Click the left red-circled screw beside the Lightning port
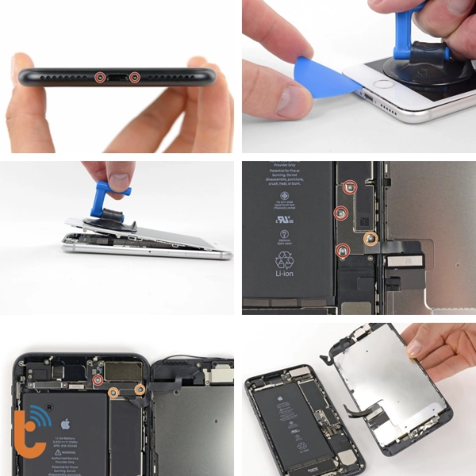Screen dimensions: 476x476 (100, 78)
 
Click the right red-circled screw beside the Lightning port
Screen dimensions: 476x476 (134, 78)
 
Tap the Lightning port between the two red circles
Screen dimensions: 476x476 (117, 78)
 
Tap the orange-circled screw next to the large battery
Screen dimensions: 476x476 (370, 237)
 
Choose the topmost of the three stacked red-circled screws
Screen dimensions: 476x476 (350, 186)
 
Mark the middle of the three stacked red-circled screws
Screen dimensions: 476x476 (340, 213)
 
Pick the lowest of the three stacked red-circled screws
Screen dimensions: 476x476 (343, 251)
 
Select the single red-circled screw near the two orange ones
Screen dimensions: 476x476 (98, 380)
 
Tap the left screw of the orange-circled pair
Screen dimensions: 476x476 (113, 391)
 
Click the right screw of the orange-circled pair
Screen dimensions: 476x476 (139, 390)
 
